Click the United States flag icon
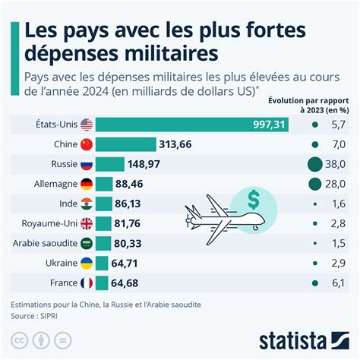86,125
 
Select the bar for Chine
125,144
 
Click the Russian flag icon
86,164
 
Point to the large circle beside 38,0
314,164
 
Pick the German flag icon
86,184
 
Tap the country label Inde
68,204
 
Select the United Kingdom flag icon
86,223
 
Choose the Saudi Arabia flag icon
86,243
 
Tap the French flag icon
86,283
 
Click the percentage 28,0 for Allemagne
336,184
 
